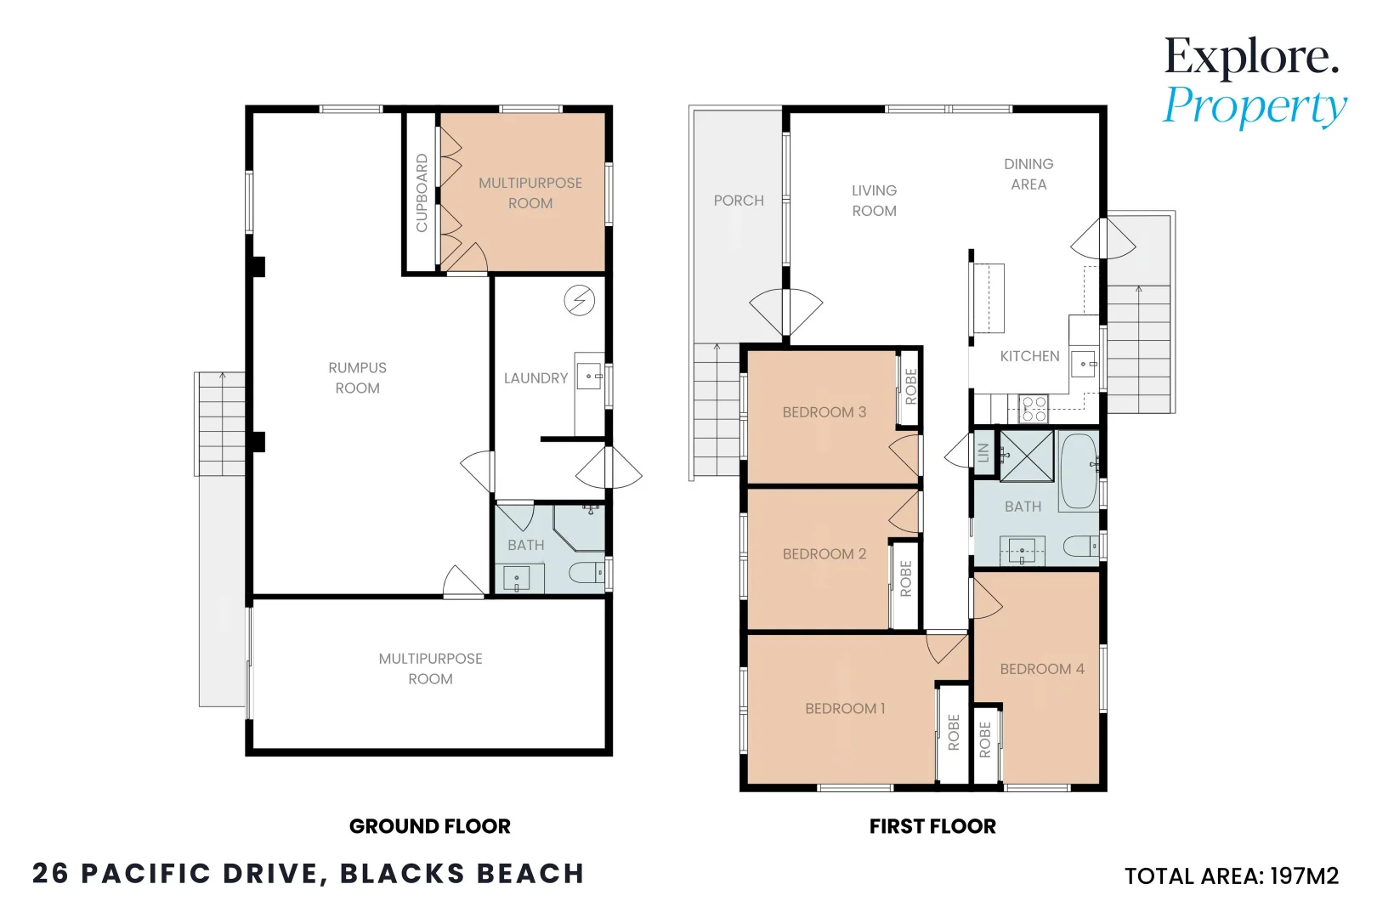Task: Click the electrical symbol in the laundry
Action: click(x=580, y=301)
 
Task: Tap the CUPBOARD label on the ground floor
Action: click(x=422, y=193)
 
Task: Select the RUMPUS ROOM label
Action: click(x=357, y=377)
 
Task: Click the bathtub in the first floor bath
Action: click(x=1079, y=471)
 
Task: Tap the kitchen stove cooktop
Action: click(x=1034, y=409)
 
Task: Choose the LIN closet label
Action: click(x=983, y=452)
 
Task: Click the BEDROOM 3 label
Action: click(x=824, y=412)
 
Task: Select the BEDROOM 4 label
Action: click(x=1042, y=669)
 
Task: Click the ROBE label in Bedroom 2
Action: click(x=905, y=579)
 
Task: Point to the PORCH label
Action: click(x=739, y=201)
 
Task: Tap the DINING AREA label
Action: click(x=1029, y=174)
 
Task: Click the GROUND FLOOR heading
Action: click(x=430, y=826)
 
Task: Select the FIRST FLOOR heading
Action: click(x=932, y=826)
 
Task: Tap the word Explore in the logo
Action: click(x=1251, y=57)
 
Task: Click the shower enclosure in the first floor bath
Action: click(x=1027, y=456)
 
